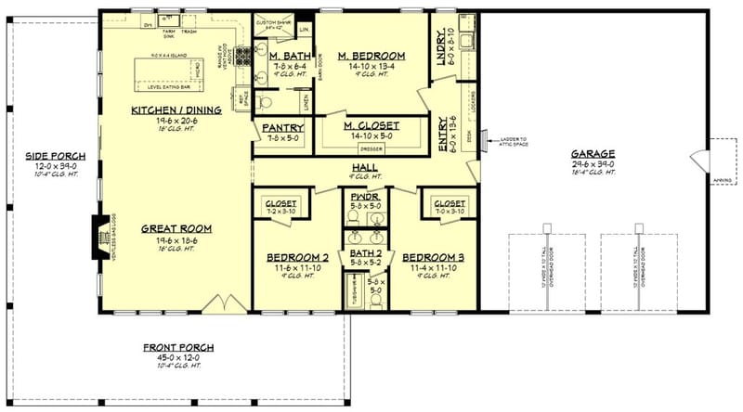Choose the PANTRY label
278,128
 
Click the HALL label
364,168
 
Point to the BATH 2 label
363,254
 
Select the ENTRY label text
440,123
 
